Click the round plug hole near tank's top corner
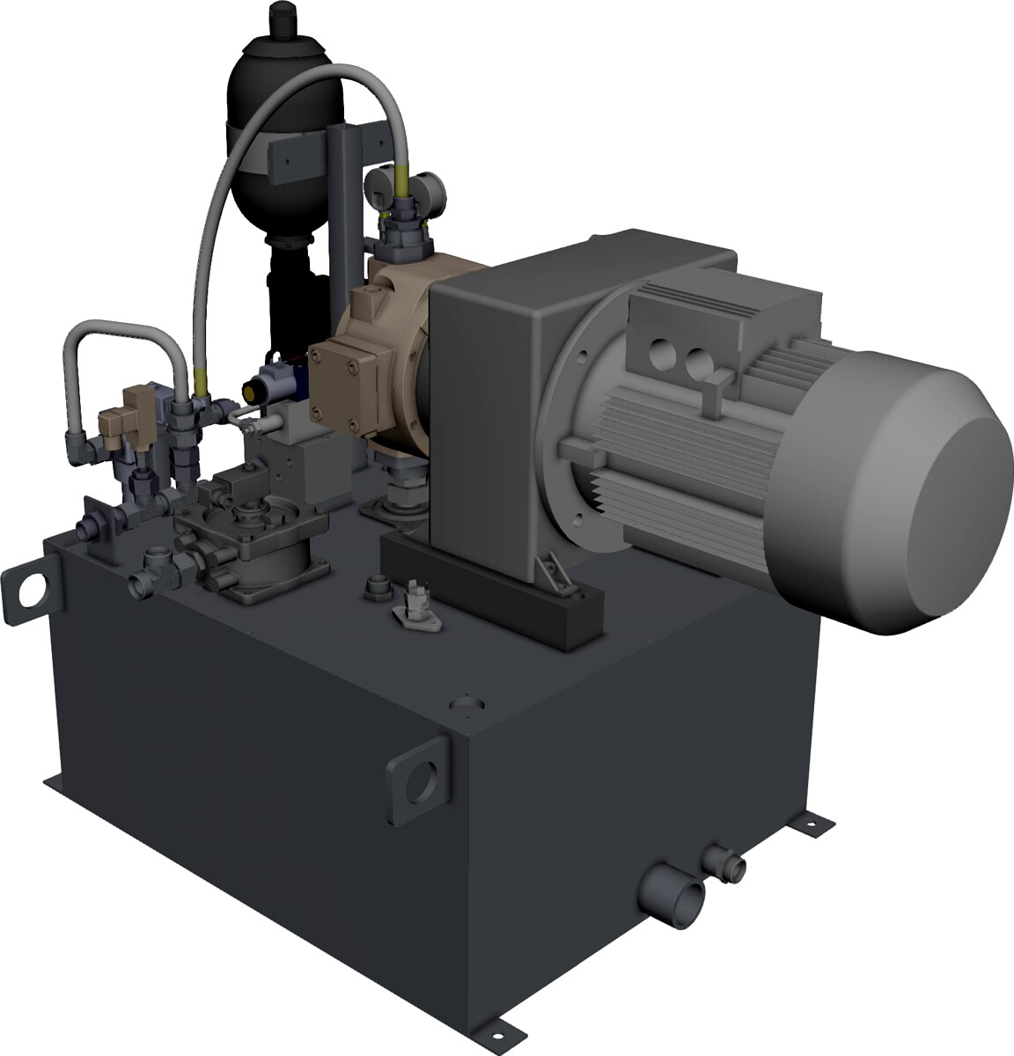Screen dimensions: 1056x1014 tap(464, 705)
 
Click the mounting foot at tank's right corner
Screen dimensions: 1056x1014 tap(810, 823)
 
